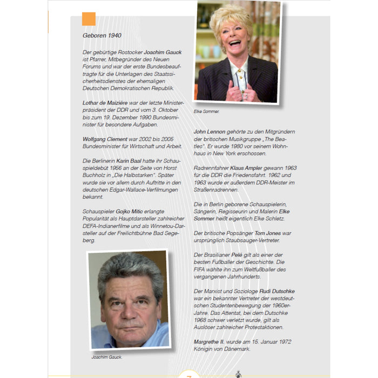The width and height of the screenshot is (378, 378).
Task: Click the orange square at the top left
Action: tap(89, 19)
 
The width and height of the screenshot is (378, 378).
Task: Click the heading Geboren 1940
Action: tap(102, 36)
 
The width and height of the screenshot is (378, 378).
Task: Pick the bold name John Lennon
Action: tap(212, 132)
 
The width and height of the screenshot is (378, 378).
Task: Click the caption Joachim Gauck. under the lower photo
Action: tap(107, 357)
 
